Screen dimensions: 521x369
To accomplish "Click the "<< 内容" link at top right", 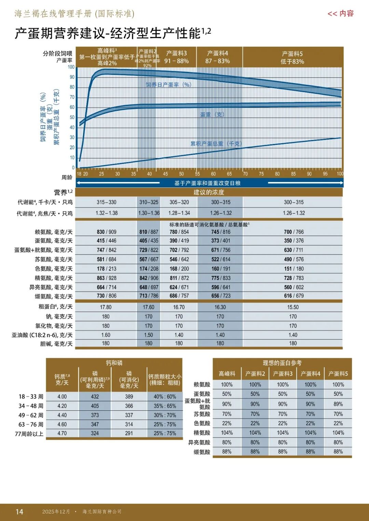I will tap(340, 14).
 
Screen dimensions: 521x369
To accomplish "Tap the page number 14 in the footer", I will tap(19, 511).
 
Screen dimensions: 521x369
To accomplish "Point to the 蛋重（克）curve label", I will tap(212, 115).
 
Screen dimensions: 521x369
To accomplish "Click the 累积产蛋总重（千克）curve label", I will tap(216, 144).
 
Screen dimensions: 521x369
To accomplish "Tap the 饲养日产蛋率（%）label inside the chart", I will tap(168, 85).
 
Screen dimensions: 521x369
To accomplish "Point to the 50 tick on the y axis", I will tap(72, 117).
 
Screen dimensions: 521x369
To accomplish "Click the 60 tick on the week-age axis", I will tap(213, 174).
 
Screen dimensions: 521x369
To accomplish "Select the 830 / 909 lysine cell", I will tap(106, 232).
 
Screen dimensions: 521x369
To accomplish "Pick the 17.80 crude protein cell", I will tap(106, 307).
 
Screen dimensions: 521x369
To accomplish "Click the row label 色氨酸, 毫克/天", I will tap(54, 269).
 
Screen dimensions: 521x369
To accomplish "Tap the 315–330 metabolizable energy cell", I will tap(106, 202).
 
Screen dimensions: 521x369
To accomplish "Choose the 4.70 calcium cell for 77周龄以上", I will tap(62, 433).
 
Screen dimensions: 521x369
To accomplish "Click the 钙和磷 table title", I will tap(114, 363).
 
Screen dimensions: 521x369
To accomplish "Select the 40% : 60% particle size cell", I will tap(165, 397).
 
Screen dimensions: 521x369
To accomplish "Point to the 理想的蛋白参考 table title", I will tap(282, 363).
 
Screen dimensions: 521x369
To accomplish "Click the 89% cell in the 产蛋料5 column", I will tap(338, 404).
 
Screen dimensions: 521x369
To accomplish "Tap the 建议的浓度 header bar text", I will tap(209, 192).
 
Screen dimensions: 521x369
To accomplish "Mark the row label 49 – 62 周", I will tap(31, 415).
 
